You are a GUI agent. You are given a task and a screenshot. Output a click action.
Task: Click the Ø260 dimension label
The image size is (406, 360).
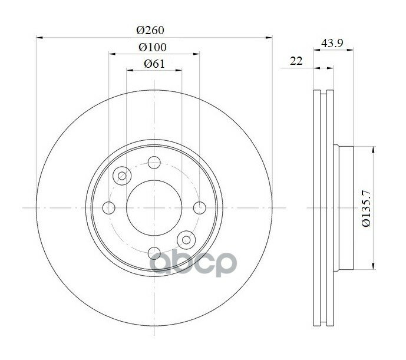[x=150, y=30]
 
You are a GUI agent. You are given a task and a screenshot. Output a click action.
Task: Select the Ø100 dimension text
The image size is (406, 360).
[x=152, y=47]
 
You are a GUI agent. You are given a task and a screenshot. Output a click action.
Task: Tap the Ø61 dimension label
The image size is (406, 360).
[x=154, y=64]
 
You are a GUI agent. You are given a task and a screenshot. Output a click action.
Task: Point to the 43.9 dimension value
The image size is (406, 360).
[x=332, y=43]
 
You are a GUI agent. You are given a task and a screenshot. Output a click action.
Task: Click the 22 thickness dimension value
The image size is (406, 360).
[x=296, y=61]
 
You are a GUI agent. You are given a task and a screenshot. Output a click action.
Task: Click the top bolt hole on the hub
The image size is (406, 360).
[x=154, y=163]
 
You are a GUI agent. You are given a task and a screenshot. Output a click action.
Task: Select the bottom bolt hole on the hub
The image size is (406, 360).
[x=154, y=253]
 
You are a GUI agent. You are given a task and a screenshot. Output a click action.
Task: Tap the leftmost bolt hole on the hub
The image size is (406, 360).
[x=109, y=208]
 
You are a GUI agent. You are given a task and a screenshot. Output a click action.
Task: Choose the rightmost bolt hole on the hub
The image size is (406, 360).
[x=200, y=208]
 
